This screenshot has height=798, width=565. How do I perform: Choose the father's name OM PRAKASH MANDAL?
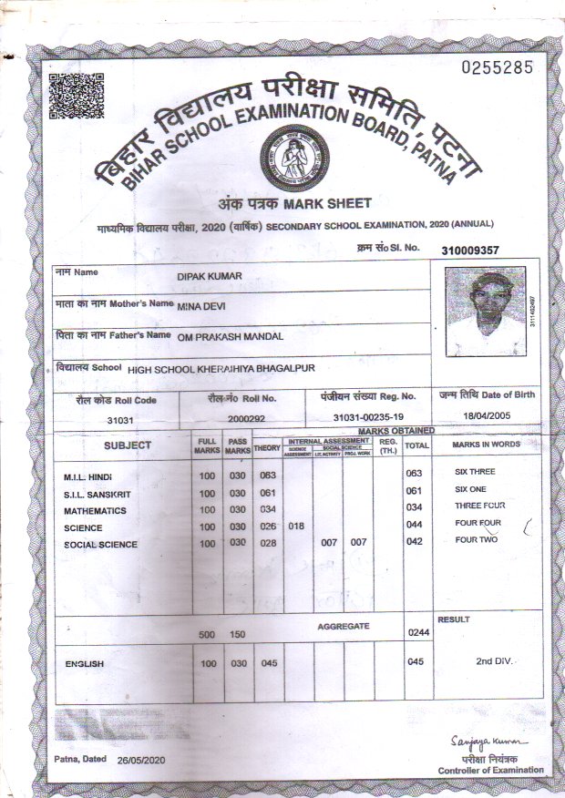point(232,336)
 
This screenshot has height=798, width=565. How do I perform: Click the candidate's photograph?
point(486,312)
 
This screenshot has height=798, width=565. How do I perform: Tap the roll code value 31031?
point(119,420)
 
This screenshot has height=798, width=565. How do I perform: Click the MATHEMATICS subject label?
point(95,511)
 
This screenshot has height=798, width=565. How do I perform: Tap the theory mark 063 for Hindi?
point(267,476)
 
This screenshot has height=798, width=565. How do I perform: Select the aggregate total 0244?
point(417,632)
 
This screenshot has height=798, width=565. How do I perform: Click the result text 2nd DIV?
point(494,660)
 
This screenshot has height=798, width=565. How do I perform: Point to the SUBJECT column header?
point(128,445)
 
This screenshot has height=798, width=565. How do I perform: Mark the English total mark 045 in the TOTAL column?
point(416,662)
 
